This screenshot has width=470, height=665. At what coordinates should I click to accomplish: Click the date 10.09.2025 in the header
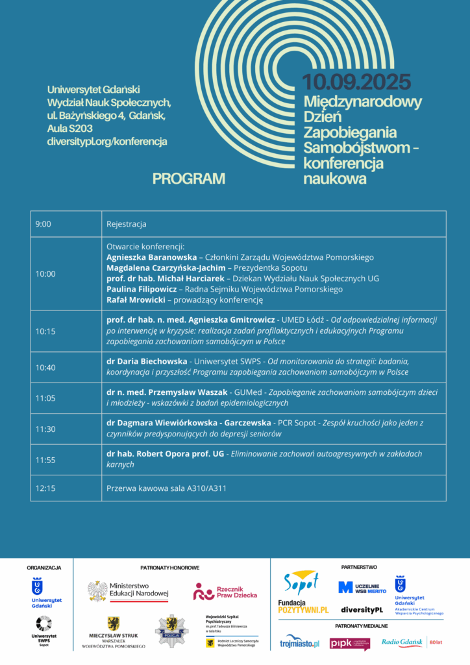coord(356,82)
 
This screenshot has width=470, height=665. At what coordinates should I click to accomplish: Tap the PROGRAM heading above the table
coord(189,179)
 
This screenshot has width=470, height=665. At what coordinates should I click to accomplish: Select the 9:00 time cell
coord(43,224)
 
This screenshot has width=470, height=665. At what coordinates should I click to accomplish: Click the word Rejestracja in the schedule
coord(127,224)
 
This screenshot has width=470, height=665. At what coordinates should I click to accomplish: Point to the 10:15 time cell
coord(45,331)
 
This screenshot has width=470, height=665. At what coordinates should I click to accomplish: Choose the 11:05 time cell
coord(45,398)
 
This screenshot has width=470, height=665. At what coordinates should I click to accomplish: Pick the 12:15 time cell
coord(45,488)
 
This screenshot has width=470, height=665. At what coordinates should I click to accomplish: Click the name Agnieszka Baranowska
coord(151,257)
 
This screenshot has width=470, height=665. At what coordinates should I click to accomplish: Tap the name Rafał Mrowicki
coord(135,299)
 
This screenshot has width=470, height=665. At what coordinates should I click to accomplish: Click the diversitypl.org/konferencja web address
coord(107,141)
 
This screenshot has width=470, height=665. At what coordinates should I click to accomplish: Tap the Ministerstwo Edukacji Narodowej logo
coord(129,590)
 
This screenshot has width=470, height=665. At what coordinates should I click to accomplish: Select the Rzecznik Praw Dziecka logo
coord(225,592)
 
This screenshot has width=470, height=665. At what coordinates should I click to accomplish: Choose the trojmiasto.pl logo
coord(300,643)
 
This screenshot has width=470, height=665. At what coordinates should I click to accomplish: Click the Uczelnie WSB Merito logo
coord(362,587)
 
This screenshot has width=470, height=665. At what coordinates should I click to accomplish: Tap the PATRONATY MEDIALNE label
coord(362,626)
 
